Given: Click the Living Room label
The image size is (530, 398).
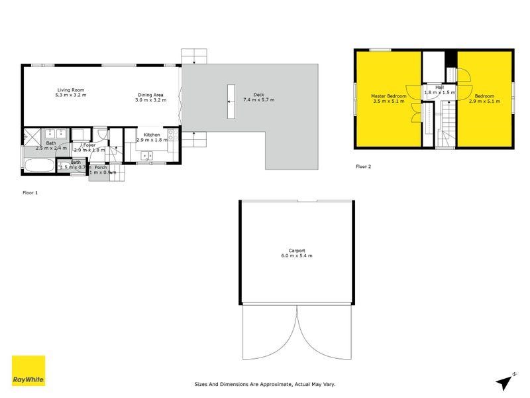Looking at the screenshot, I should [71, 90].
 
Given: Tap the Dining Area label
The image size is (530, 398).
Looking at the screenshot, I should [150, 94].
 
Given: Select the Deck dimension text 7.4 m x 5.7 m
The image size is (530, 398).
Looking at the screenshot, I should [258, 99].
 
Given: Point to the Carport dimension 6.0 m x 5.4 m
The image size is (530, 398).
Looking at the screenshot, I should [296, 255].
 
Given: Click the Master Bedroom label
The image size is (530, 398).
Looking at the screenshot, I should [388, 96].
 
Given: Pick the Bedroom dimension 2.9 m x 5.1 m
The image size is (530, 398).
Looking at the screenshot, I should [486, 101].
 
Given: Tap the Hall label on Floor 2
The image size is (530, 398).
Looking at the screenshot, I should [439, 87].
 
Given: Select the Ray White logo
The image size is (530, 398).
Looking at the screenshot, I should [28, 371].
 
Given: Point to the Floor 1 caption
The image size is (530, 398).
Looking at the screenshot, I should [30, 192].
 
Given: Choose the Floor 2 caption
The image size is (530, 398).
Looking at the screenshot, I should [363, 166].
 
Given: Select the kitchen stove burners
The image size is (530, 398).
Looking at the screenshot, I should [171, 136].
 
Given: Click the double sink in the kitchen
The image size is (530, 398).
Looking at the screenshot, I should [147, 157].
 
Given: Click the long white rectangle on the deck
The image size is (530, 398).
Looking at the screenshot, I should [231, 101].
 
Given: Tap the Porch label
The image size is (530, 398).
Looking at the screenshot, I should [101, 167].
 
